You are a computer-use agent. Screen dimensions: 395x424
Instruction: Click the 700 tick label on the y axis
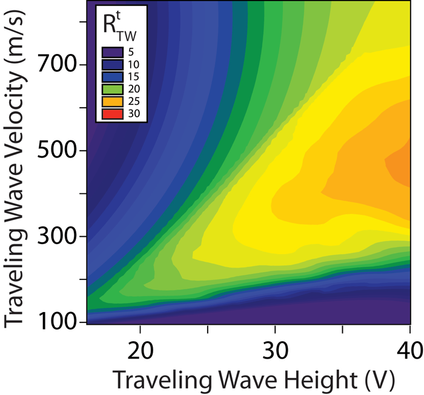(x=58, y=64)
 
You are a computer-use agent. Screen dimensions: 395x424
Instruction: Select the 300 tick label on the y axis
(x=58, y=236)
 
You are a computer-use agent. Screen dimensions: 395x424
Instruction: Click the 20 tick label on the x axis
(x=140, y=351)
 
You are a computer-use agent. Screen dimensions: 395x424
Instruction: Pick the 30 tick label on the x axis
(x=275, y=351)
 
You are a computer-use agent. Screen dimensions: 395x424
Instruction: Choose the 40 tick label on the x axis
(x=409, y=351)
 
